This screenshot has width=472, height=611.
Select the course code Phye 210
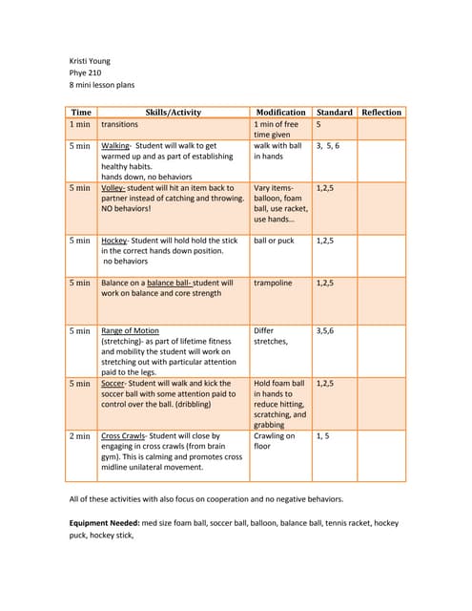coord(87,74)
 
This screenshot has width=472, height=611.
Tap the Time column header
coord(81,112)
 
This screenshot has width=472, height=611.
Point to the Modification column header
coord(280,112)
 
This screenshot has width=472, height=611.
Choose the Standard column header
coord(335,112)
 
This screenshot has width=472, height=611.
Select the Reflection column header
coord(381,112)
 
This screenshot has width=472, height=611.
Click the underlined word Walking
coord(116,146)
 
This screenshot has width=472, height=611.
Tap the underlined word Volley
coord(113,188)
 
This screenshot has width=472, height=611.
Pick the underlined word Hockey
coord(115,241)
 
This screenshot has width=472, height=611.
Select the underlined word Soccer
coord(114,383)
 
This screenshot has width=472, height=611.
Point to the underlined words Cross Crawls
coord(123,435)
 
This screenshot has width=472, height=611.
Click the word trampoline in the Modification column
coord(276,283)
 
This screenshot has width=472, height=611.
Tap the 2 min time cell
coord(80,435)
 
